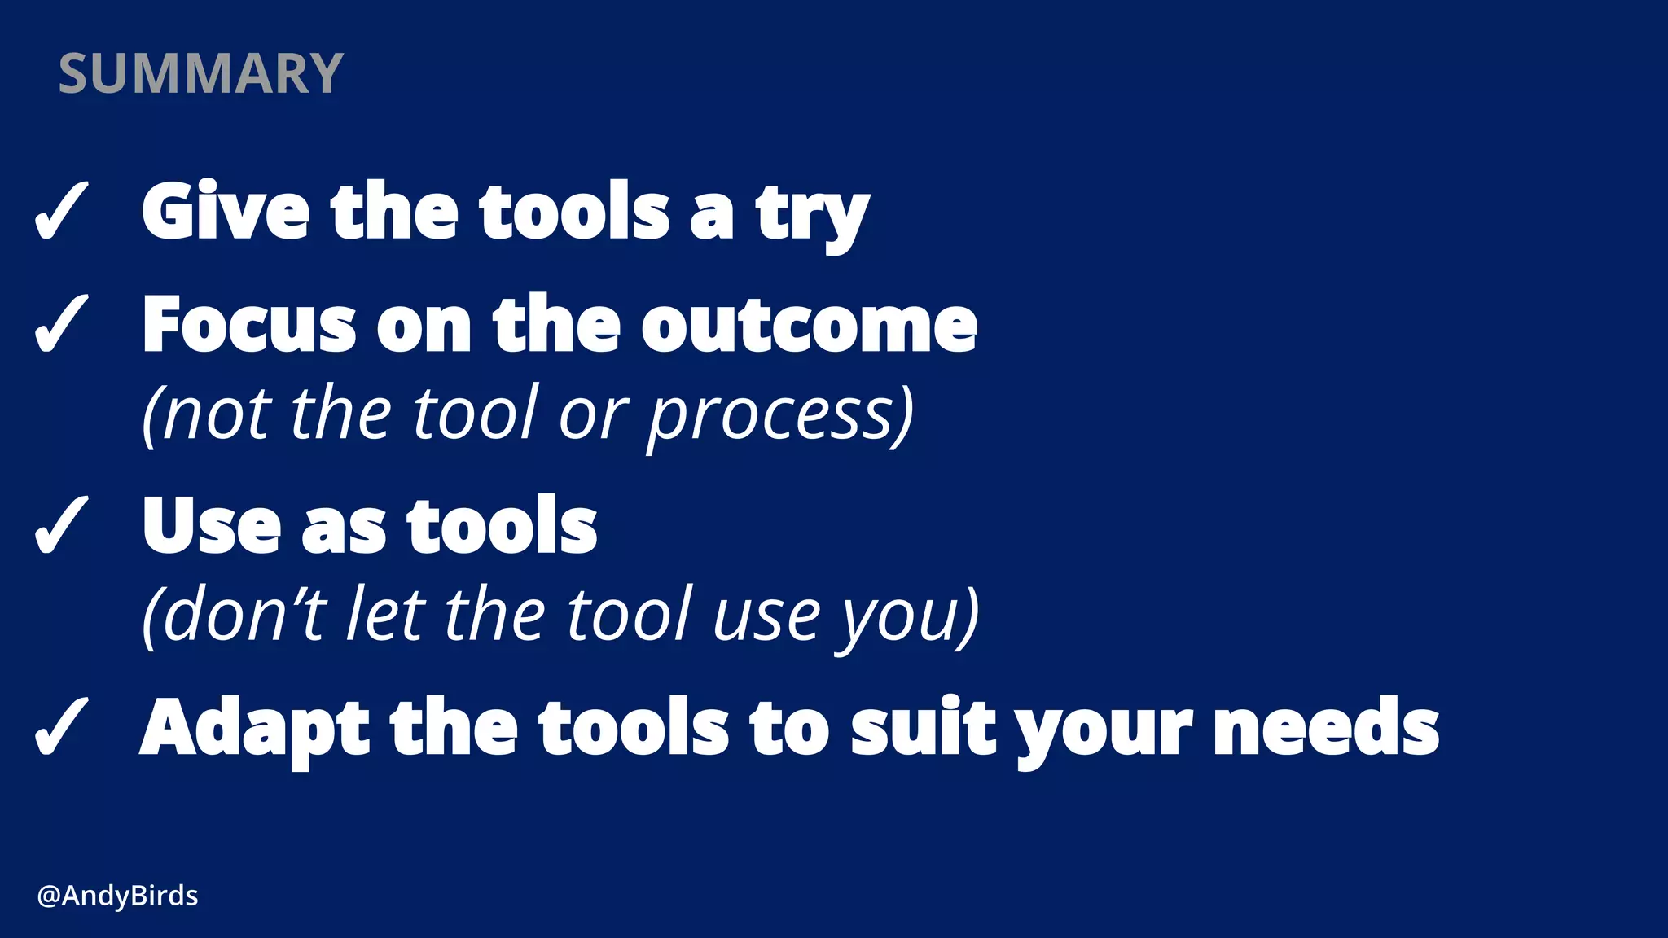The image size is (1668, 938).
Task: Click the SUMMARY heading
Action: tap(200, 73)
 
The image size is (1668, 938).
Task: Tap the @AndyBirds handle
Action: tap(117, 896)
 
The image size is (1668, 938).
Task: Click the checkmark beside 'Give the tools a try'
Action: tap(61, 211)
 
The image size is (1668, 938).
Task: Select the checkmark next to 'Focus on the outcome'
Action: tap(61, 323)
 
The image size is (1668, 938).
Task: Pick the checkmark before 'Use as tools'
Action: tap(61, 525)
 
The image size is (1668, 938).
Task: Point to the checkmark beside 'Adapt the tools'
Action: tap(61, 726)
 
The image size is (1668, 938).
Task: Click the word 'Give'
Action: tap(226, 211)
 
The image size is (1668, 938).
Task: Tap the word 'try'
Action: tap(812, 215)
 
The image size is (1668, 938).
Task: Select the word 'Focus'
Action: tap(249, 324)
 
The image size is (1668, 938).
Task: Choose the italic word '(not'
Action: tap(207, 415)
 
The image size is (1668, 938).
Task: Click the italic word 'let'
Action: tap(385, 614)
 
